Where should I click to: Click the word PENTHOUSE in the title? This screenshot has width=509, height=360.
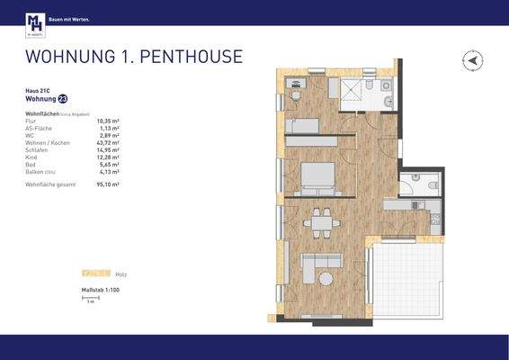point(192,57)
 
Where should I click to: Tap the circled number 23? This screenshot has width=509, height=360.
point(62,99)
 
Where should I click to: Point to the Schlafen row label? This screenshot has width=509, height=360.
point(38,150)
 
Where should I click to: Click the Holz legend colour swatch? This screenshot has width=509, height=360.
point(95,272)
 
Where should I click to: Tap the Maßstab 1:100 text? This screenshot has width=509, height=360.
point(101,289)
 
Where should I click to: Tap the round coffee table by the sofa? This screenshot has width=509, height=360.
point(322,279)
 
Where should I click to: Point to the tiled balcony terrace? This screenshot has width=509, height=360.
point(411,279)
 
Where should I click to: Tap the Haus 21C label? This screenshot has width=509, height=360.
point(37,91)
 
